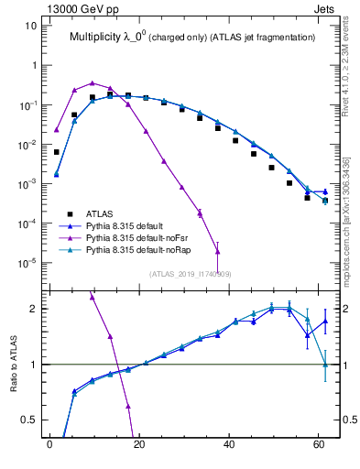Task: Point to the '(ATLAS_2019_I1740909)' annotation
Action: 190,273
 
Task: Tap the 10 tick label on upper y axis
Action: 30,26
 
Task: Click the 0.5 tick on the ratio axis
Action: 27,420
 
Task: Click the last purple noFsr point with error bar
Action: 217,248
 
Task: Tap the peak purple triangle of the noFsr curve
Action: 92,82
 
